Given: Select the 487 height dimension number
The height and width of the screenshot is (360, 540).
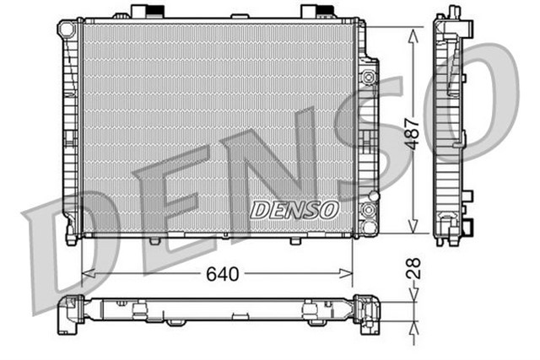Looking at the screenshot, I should point(413,132).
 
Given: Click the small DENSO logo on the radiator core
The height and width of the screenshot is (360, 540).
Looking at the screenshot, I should point(294,208).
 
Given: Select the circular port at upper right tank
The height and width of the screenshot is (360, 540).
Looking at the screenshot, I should point(367,77).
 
